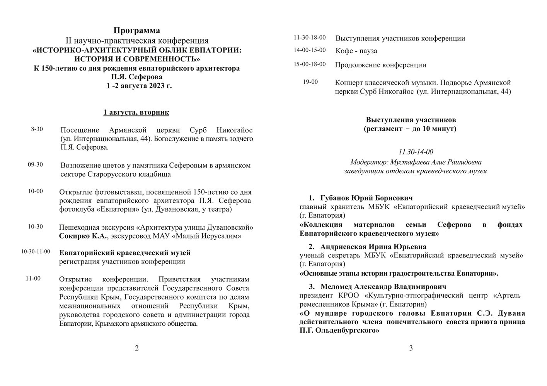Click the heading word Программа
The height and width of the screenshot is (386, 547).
click(x=136, y=30)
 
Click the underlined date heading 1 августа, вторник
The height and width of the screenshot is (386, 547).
click(x=136, y=113)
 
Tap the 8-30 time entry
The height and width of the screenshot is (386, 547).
click(x=37, y=129)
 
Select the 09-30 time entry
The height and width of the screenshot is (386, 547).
click(x=35, y=165)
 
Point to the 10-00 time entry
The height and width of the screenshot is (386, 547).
click(x=35, y=191)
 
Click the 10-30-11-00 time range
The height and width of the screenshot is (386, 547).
click(x=36, y=252)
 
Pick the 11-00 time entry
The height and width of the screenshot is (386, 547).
click(x=34, y=278)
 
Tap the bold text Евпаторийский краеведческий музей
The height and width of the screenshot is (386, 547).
click(x=125, y=253)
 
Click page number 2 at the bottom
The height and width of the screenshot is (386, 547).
click(x=136, y=348)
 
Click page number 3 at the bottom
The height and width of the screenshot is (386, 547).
click(x=411, y=348)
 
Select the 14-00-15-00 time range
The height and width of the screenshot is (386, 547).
click(x=310, y=50)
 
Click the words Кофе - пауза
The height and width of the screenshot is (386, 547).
click(x=356, y=51)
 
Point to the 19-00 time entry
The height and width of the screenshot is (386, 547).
click(x=311, y=82)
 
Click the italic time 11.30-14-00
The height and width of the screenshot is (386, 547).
click(x=416, y=152)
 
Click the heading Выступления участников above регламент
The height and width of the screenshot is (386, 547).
click(x=411, y=120)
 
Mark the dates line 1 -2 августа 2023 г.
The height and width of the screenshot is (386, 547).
click(x=139, y=86)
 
